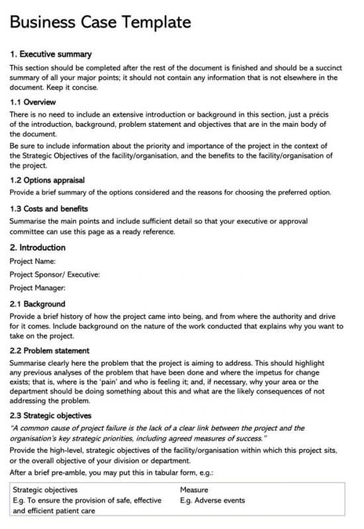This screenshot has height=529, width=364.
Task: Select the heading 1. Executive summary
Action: (51, 54)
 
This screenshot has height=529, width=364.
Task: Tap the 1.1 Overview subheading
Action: (32, 102)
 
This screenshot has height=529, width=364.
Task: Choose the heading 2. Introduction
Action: (38, 247)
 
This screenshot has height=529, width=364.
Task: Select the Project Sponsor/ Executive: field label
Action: (55, 274)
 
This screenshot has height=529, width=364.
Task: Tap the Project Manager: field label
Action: (38, 288)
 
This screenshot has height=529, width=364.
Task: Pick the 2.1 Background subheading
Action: (37, 304)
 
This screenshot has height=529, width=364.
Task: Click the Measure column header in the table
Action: (194, 490)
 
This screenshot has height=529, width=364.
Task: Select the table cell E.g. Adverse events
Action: (212, 501)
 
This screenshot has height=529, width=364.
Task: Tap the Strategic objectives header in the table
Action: (45, 490)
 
